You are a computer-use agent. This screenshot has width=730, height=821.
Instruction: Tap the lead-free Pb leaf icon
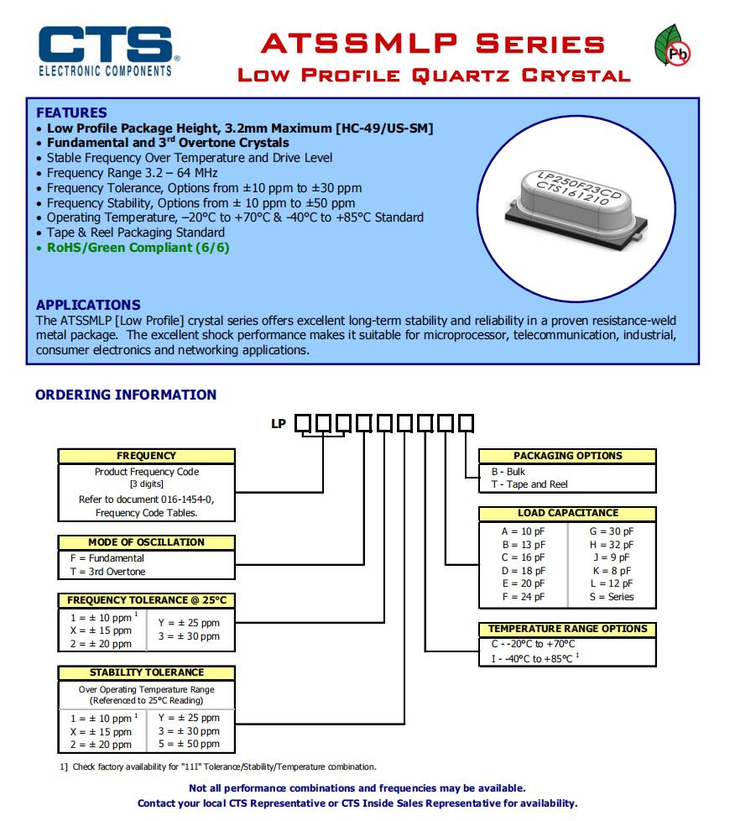(673, 49)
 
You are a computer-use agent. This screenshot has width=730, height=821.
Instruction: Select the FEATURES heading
(71, 112)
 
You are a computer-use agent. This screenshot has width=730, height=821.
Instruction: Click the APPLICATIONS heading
(88, 305)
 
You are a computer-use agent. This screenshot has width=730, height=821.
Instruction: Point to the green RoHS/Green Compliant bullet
(138, 248)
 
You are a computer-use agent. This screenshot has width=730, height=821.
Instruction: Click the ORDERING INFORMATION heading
(126, 395)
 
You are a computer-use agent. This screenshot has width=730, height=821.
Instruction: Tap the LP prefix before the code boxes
(279, 424)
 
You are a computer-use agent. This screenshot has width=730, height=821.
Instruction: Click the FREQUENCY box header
(146, 456)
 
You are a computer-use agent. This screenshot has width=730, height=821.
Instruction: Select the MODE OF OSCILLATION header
(146, 542)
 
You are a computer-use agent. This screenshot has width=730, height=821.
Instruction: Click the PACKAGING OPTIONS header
(567, 456)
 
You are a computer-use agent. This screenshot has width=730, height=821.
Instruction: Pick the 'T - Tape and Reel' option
(529, 484)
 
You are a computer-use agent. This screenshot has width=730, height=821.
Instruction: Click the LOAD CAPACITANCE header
(567, 513)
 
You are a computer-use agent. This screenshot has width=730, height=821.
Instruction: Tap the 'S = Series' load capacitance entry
(611, 597)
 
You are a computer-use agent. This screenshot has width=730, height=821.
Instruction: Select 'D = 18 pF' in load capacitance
(523, 570)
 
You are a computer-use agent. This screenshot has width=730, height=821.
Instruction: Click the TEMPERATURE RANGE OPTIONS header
(567, 629)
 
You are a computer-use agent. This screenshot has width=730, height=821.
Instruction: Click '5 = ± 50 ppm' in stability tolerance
(189, 744)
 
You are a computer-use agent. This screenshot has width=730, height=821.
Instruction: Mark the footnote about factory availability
(218, 766)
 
